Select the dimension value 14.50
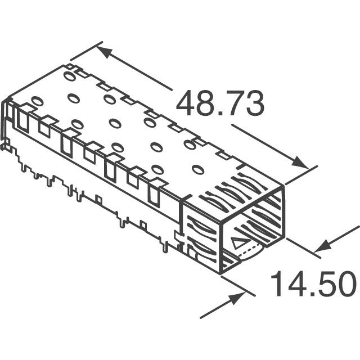[313, 284]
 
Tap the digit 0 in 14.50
[344, 284]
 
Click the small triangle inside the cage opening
[238, 243]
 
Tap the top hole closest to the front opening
[197, 169]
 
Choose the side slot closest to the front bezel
[154, 193]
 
